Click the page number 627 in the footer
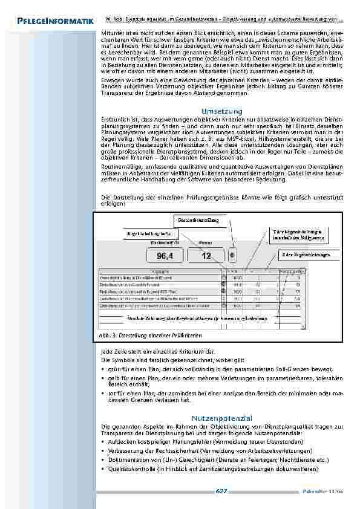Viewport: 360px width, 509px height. [x=221, y=491]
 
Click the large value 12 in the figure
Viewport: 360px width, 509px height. [x=206, y=256]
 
